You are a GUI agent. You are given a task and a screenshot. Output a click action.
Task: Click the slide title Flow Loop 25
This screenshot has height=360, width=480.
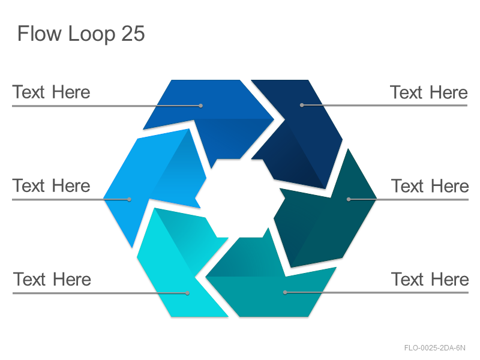[81, 34]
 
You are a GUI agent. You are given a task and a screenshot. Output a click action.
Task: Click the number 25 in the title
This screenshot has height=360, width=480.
[133, 33]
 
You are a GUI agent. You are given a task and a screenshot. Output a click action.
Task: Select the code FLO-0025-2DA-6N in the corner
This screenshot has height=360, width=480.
[434, 348]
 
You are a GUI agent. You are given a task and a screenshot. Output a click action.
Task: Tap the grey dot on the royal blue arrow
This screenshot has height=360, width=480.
[201, 106]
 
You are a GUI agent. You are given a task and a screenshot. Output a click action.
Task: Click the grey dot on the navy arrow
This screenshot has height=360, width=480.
[302, 106]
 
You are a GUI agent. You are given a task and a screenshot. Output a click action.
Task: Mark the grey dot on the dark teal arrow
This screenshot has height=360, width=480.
[349, 199]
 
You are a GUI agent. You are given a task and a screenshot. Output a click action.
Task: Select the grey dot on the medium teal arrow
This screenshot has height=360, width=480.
[285, 293]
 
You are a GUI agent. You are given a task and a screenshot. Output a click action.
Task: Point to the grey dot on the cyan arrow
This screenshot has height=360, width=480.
[188, 293]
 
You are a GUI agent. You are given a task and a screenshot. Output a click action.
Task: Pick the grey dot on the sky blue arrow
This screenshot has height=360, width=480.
[130, 200]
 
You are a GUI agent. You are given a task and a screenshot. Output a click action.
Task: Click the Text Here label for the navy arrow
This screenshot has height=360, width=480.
[428, 92]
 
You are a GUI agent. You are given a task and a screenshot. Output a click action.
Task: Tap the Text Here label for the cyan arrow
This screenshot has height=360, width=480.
[52, 279]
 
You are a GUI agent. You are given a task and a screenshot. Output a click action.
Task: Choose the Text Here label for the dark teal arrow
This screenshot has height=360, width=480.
[430, 186]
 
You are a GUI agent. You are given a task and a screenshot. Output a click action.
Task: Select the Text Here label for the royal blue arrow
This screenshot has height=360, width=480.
[51, 92]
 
